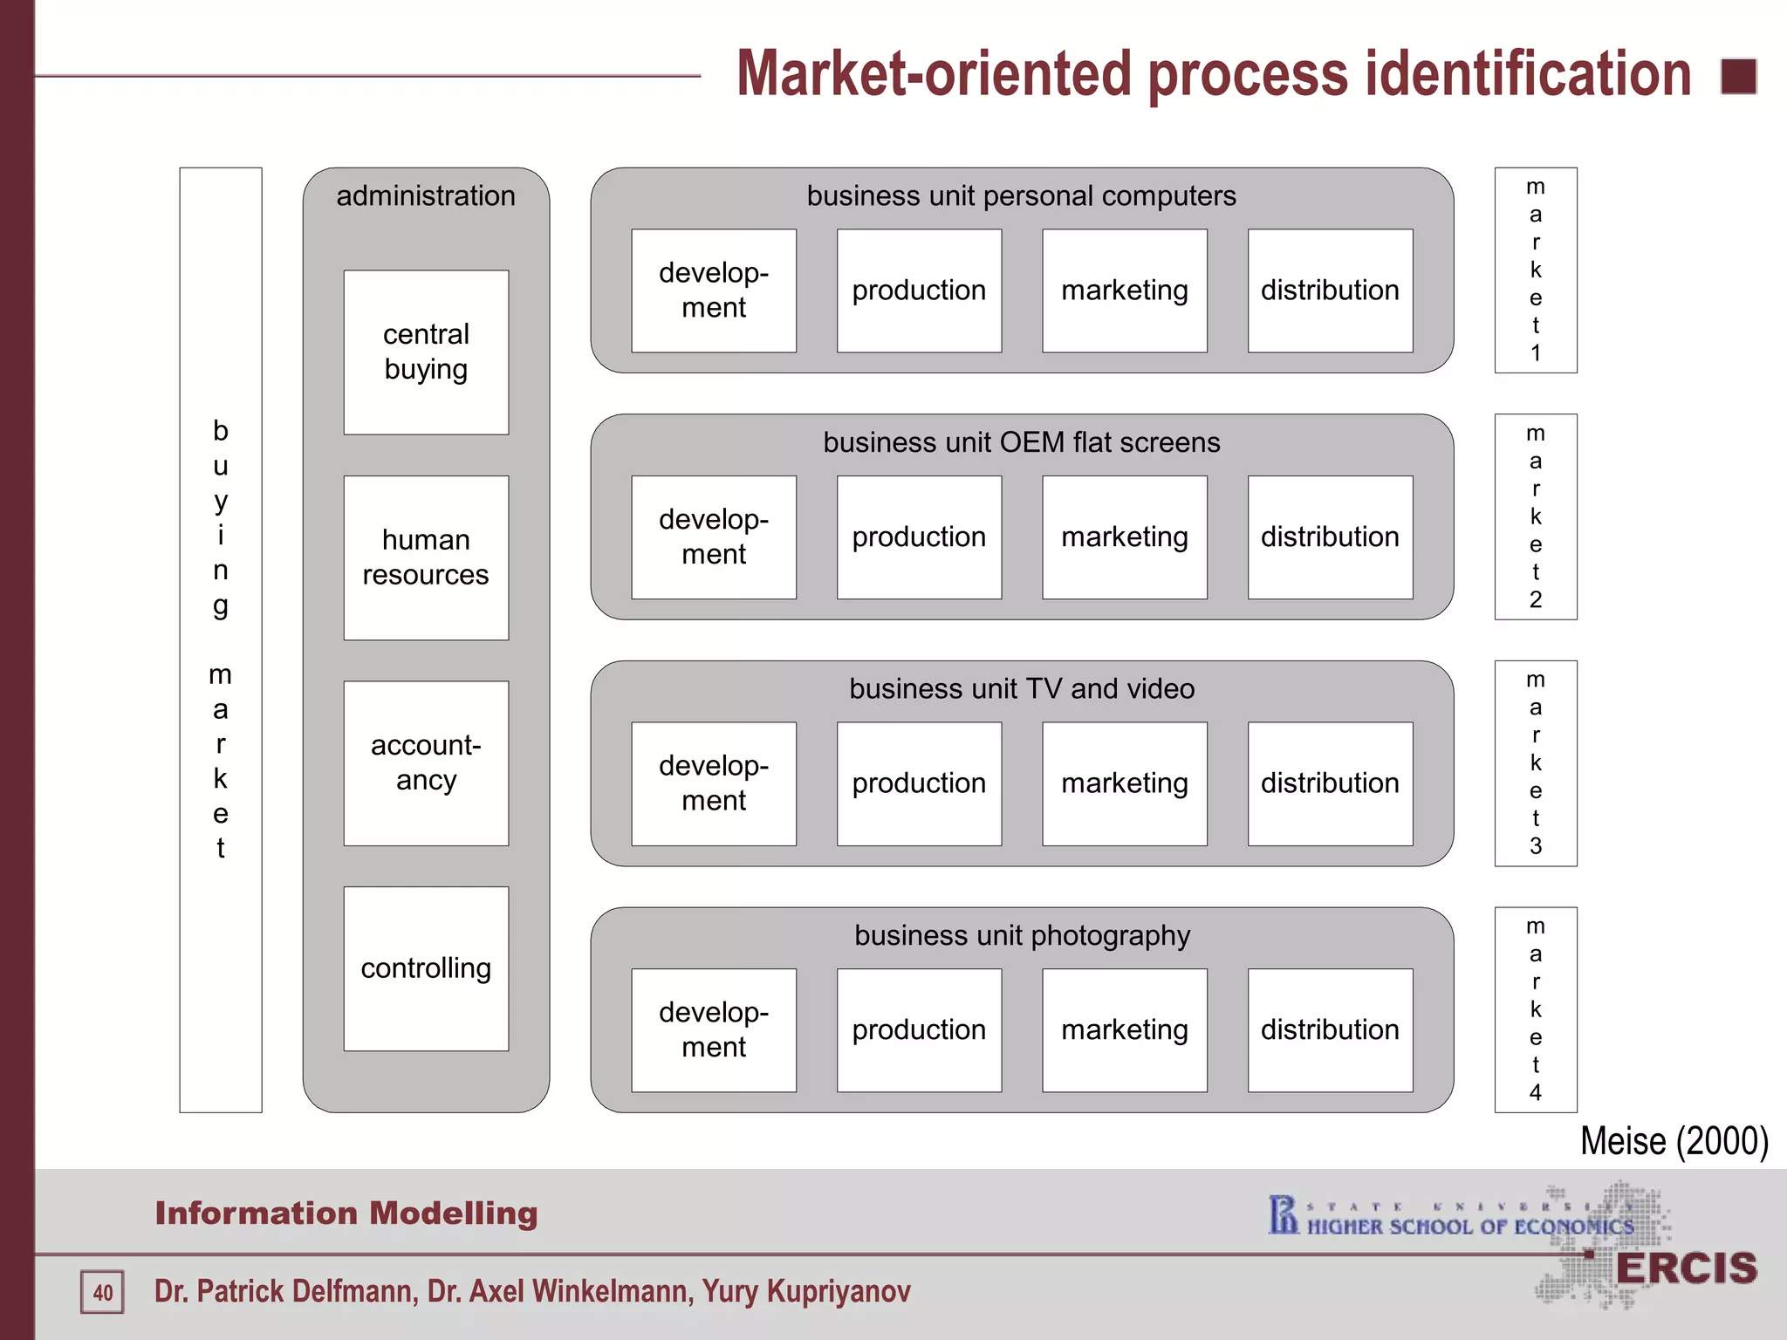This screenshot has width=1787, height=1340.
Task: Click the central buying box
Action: point(426,352)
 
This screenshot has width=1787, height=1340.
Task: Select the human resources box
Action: point(426,557)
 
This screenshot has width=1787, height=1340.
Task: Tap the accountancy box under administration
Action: point(426,762)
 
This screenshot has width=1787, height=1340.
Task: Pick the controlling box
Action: point(426,968)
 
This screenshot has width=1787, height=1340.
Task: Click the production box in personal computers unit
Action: point(919,291)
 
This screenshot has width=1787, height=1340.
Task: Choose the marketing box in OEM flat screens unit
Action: point(1125,537)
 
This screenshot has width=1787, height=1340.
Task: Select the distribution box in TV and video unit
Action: point(1330,783)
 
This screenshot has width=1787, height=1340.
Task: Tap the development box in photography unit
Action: point(714,1029)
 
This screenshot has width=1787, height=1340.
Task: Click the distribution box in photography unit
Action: point(1330,1029)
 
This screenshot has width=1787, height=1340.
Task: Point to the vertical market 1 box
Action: point(1536,270)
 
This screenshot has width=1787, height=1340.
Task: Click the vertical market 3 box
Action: point(1536,763)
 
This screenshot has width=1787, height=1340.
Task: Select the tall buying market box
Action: point(221,639)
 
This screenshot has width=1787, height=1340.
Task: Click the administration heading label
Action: point(426,196)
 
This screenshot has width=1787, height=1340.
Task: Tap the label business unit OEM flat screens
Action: point(1022,443)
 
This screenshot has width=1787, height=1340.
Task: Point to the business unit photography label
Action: point(1022,936)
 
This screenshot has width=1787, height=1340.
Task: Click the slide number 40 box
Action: point(103,1292)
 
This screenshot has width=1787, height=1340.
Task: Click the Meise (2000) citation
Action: point(1674,1141)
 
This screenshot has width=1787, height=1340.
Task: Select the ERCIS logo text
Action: point(1686,1268)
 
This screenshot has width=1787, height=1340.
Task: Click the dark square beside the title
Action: point(1738,77)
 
